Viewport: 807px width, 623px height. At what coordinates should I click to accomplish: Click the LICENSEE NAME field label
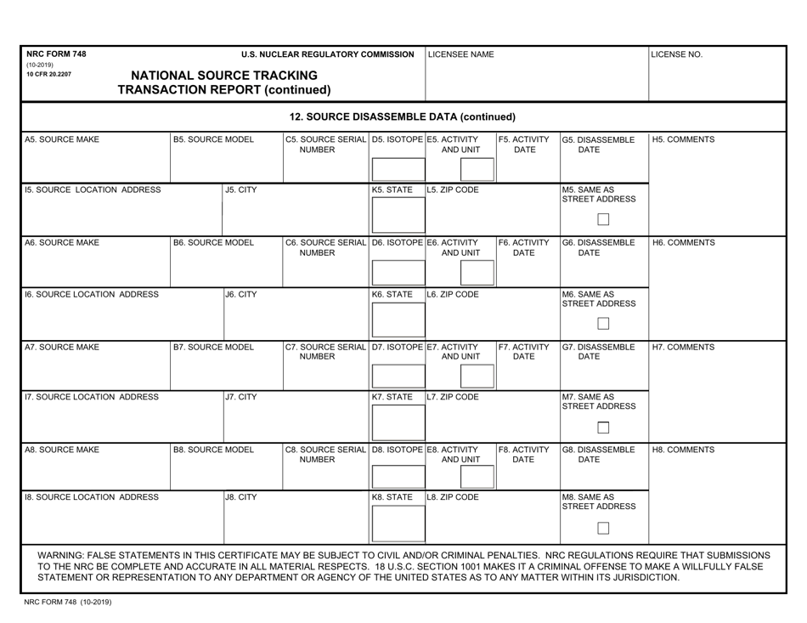coord(460,54)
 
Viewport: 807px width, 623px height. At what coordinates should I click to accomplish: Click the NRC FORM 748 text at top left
coord(57,54)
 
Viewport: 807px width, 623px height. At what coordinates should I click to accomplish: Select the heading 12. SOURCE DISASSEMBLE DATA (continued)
coord(403,116)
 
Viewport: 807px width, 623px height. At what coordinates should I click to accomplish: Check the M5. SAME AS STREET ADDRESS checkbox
coord(603,220)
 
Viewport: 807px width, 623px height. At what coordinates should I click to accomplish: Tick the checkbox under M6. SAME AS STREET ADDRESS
coord(603,323)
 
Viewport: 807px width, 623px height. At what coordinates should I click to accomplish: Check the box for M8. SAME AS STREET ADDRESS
coord(603,529)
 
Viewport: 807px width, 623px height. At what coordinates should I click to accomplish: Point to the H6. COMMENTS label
coord(684,242)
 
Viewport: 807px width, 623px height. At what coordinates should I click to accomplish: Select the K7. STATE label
coord(392,397)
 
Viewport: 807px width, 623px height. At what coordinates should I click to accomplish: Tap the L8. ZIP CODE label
coord(453,496)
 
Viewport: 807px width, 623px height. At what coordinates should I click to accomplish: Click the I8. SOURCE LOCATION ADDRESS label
coord(92,496)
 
